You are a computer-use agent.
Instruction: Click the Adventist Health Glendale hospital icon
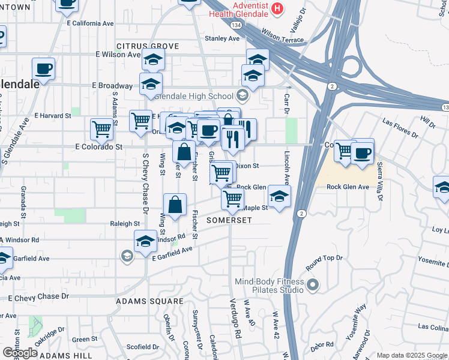pos(277,8)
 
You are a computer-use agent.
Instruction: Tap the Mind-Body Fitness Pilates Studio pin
pos(312,284)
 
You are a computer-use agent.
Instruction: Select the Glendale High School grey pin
pos(243,96)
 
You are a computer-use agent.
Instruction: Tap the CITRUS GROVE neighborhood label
pos(148,46)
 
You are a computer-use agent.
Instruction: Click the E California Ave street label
pos(91,23)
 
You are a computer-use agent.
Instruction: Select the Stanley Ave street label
pos(222,38)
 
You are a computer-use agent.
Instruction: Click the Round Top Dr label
pos(324,258)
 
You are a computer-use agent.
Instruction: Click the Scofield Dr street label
pos(142,347)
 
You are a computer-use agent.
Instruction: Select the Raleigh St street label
pos(125,224)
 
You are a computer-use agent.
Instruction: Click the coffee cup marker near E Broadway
pos(43,68)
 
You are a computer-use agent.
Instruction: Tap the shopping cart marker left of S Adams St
pos(102,128)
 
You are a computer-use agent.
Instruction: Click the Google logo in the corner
pos(20,353)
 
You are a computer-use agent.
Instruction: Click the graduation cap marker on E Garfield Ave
pos(145,241)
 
